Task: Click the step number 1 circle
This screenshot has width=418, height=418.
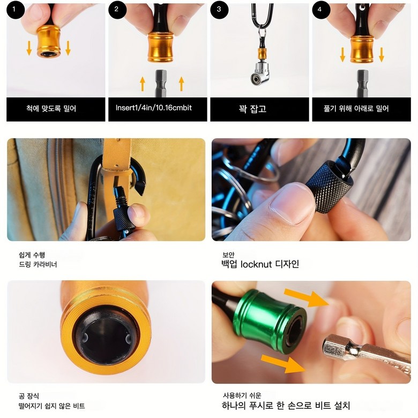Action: tap(16, 10)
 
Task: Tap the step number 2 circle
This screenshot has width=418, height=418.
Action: tap(117, 10)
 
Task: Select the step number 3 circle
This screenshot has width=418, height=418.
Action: tap(219, 10)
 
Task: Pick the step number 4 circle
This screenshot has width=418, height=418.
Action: tap(321, 10)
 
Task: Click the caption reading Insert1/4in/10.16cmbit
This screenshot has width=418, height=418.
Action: tap(154, 108)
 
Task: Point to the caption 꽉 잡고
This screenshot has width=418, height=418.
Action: tap(252, 109)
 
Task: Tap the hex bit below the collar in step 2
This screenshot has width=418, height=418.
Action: tap(161, 83)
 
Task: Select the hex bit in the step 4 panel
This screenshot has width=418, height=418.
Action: tap(363, 84)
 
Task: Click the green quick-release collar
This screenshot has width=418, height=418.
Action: tap(269, 321)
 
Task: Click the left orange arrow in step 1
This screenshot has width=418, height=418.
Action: tap(29, 48)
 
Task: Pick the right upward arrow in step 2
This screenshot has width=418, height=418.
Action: tap(182, 84)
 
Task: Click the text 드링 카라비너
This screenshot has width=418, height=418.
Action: tap(38, 264)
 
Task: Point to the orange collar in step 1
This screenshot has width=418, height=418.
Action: tap(49, 41)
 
